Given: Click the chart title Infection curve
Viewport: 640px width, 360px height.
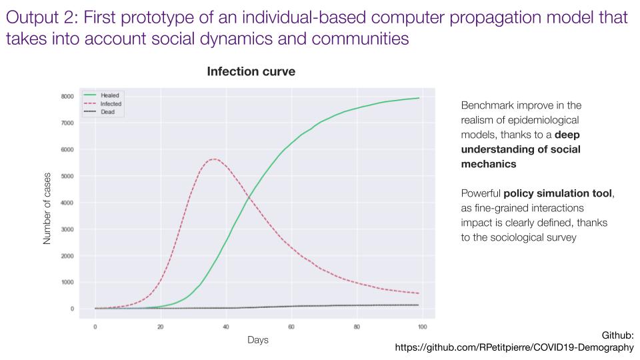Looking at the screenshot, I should [251, 71].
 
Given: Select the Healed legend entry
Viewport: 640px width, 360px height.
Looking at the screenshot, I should [110, 95].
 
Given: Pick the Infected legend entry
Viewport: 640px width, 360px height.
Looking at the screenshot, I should [111, 104].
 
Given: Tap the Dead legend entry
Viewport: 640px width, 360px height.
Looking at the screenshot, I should [108, 112].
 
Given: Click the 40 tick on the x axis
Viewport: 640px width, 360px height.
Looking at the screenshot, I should [226, 327].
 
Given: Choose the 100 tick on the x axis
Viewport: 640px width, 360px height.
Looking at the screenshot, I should [421, 327].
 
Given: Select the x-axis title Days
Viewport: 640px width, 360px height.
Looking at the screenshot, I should [257, 340].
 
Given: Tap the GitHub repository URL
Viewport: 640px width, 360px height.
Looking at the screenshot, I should [514, 347].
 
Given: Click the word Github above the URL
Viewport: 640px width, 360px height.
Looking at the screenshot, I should [618, 336].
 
